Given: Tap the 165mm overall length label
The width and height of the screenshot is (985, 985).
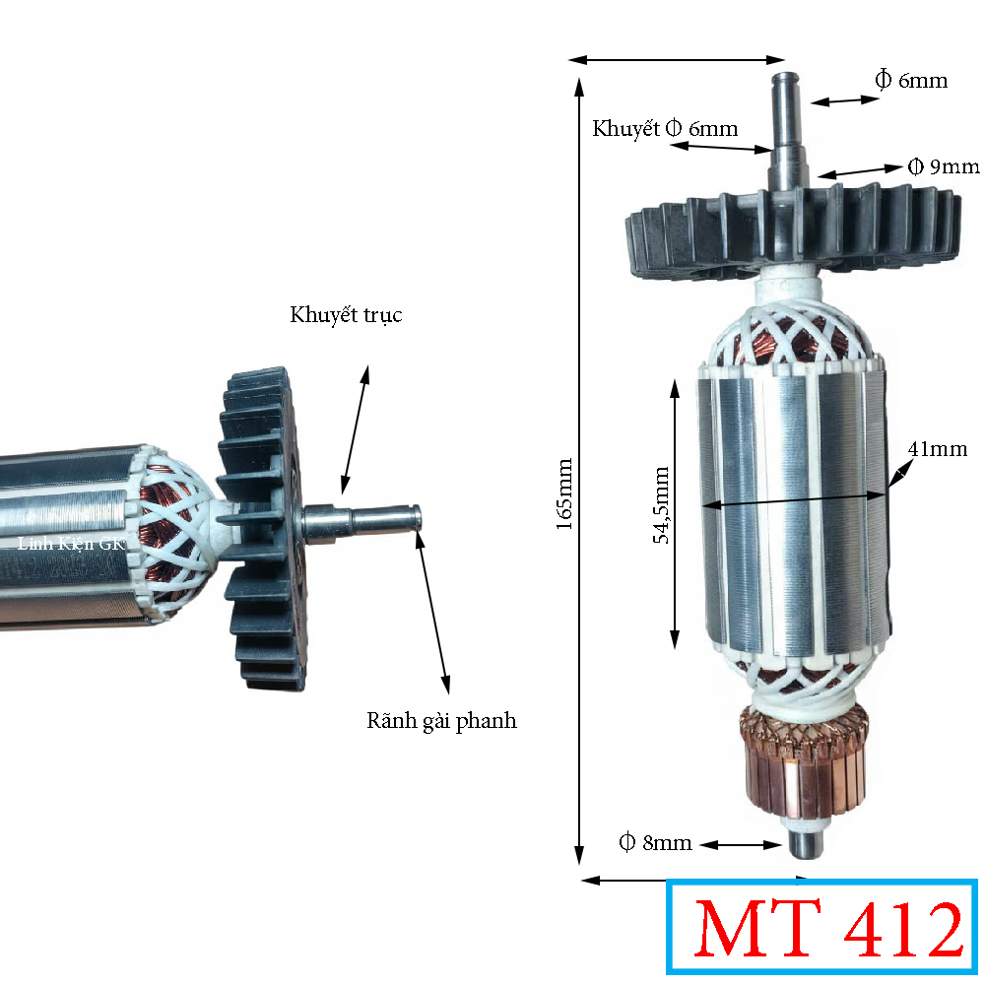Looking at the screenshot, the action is point(564,493).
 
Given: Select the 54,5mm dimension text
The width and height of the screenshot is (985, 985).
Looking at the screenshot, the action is point(662,504).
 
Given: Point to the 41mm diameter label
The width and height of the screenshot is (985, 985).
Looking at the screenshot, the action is point(938,449).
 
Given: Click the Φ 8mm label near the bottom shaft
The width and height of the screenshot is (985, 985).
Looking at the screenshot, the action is point(655,842).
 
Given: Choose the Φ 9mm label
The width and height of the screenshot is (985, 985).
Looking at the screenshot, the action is point(944,166).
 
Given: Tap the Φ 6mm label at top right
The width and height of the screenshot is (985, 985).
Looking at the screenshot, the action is point(911,81).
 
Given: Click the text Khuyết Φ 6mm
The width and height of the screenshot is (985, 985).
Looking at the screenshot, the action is point(665,129).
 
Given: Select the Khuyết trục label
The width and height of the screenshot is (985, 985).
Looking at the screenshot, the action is point(346,315).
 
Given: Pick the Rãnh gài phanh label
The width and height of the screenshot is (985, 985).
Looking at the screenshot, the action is point(441,721).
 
